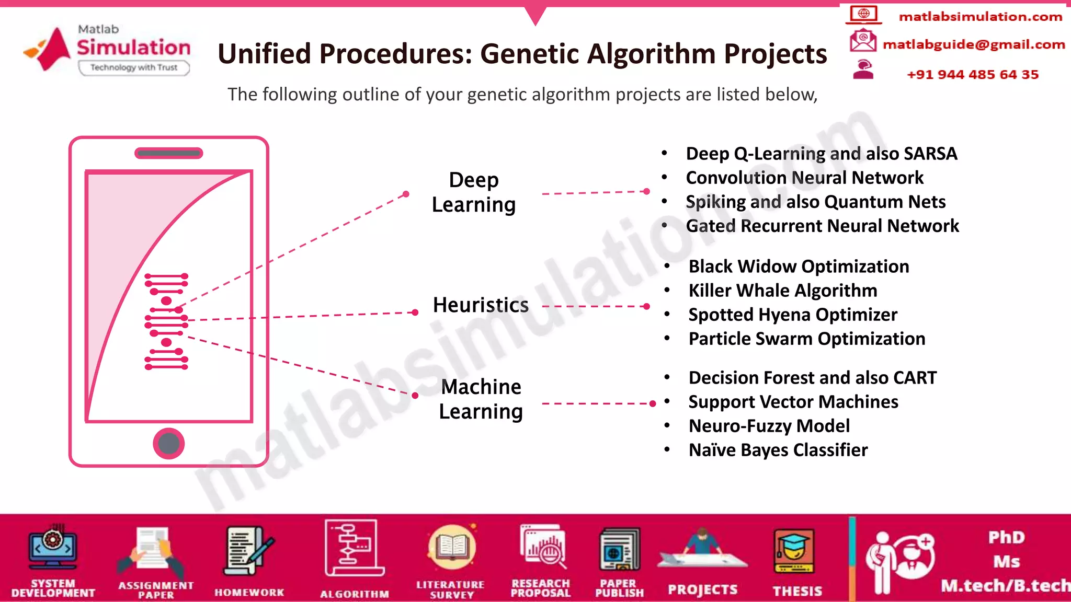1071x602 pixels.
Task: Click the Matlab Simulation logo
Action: tap(107, 50)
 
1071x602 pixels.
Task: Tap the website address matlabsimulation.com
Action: tap(980, 17)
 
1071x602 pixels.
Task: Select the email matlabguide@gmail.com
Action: tap(973, 44)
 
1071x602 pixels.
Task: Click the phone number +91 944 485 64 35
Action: tap(972, 74)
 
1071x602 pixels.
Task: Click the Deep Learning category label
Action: tap(474, 192)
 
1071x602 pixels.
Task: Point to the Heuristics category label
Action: tap(481, 305)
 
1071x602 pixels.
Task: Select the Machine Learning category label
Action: tap(481, 399)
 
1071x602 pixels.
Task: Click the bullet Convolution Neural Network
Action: tap(804, 178)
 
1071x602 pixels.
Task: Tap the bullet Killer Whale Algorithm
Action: tap(782, 291)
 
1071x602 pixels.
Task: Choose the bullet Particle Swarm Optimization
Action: tap(806, 339)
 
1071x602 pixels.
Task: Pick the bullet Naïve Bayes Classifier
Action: tap(778, 450)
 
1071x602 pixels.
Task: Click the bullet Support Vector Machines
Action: tap(793, 402)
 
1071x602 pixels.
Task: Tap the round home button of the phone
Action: tap(168, 444)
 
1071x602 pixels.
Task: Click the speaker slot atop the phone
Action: tap(168, 153)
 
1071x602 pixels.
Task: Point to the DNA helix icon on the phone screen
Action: tap(166, 321)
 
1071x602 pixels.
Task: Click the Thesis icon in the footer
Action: tap(794, 553)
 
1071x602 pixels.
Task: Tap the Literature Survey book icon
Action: tap(452, 548)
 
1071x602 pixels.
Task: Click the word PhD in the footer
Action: tap(1006, 537)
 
